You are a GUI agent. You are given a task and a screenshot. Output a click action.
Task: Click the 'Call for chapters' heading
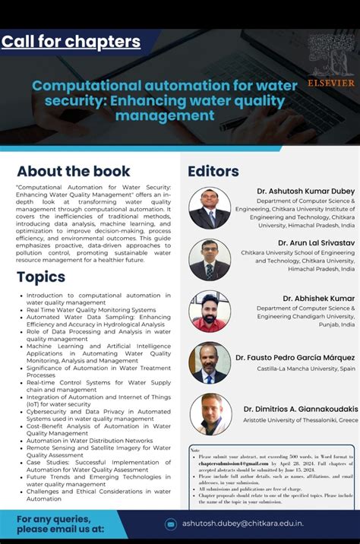click(71, 41)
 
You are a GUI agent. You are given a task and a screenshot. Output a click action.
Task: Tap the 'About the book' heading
click(74, 171)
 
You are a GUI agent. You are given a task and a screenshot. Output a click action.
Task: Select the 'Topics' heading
click(41, 277)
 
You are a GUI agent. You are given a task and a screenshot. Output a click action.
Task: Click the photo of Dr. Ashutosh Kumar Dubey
click(210, 207)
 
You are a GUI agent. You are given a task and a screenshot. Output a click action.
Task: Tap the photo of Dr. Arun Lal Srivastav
click(210, 259)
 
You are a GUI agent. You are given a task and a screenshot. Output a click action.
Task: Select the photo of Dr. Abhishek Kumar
click(210, 311)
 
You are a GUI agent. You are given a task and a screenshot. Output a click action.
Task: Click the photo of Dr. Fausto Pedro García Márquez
click(210, 362)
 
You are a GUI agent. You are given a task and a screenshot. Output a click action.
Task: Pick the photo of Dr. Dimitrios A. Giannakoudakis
click(210, 414)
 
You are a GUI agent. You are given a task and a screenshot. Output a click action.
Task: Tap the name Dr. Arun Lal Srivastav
click(311, 242)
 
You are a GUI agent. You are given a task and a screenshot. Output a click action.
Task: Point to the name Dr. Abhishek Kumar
click(319, 299)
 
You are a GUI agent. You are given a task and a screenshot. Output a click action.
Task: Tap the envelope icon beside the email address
click(171, 523)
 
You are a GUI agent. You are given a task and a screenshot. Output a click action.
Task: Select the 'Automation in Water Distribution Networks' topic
click(90, 441)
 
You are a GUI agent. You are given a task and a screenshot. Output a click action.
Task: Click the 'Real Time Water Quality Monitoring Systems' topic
click(91, 310)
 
